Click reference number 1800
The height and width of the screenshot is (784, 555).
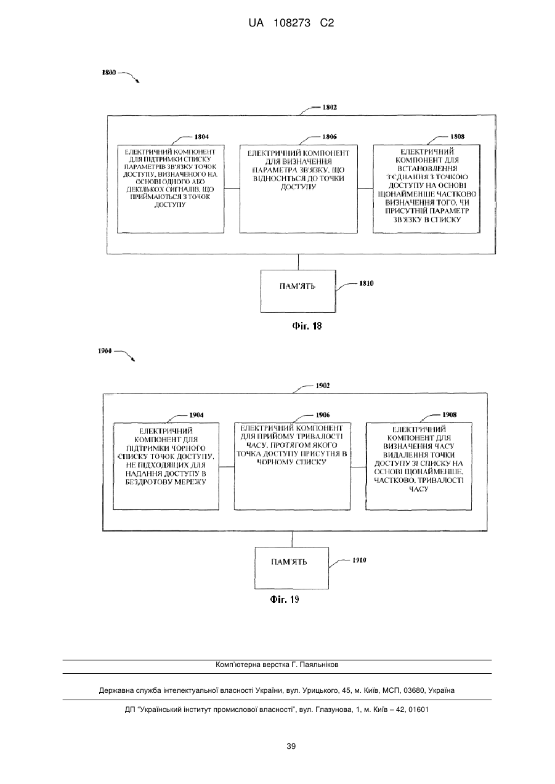[x=108, y=73]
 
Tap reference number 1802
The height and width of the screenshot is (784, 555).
[x=330, y=107]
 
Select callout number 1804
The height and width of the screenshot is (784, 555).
[x=201, y=137]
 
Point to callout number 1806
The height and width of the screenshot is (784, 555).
[x=329, y=137]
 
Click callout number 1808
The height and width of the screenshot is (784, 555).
[x=457, y=137]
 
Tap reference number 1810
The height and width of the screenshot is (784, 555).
[x=367, y=283]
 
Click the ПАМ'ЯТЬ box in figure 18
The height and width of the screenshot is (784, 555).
[x=298, y=291]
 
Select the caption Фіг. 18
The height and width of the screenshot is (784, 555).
[x=307, y=326]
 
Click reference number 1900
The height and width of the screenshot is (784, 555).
[x=105, y=350]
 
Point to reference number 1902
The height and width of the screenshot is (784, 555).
[x=323, y=386]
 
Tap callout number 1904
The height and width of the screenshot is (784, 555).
[x=196, y=414]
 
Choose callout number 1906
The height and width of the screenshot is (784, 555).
[x=323, y=414]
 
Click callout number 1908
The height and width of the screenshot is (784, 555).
[x=449, y=414]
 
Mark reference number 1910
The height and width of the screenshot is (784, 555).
[x=359, y=560]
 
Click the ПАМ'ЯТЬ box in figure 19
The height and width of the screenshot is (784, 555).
[x=292, y=568]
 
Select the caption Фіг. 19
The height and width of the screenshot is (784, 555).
[x=285, y=600]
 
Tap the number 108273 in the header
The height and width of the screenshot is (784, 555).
[x=292, y=23]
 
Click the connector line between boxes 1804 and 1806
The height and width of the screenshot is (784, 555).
[x=232, y=188]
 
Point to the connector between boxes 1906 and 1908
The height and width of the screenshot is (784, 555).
[x=359, y=467]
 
